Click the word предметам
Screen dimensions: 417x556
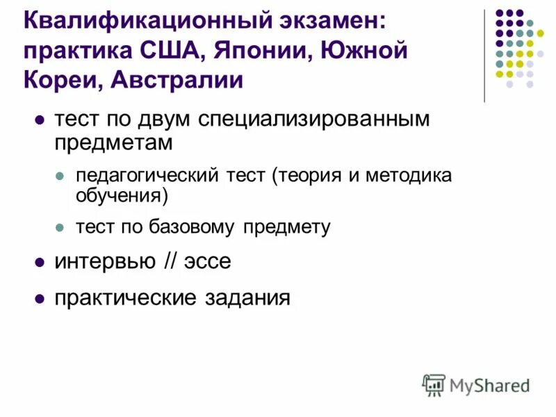click(113, 142)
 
